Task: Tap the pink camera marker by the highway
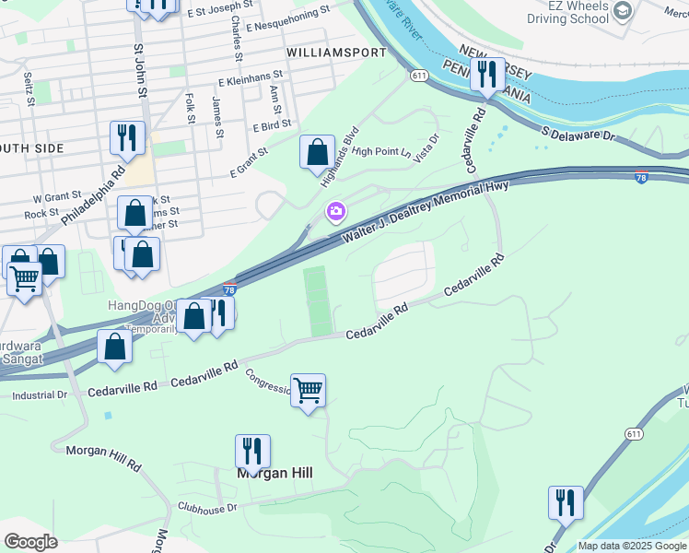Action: [336, 212]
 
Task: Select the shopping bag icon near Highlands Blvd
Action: [317, 152]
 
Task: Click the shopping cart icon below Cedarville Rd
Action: [308, 390]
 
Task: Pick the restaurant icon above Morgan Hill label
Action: [252, 452]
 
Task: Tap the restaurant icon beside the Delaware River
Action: [487, 75]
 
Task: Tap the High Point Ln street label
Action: [381, 151]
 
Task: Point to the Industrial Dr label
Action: [40, 395]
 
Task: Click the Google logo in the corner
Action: [30, 541]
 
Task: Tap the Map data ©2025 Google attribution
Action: [631, 546]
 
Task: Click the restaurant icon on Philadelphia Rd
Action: [126, 138]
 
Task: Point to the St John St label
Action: [140, 70]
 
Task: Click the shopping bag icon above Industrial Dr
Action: [114, 347]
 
